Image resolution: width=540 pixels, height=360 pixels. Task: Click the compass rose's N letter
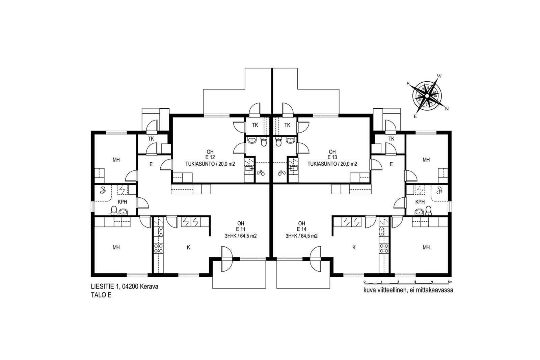447,109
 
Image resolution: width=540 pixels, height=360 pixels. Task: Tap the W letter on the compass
439,76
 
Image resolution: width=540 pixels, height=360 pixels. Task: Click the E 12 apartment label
210,157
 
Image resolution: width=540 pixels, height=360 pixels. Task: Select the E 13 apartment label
332,157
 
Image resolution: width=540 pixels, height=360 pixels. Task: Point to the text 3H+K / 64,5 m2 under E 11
241,236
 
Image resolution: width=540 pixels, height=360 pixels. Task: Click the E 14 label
301,229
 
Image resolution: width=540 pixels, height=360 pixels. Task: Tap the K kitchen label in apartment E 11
189,247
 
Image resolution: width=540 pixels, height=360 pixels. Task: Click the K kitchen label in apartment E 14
354,247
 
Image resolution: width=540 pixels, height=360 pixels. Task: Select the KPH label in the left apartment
122,202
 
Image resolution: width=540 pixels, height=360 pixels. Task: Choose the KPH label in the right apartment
420,202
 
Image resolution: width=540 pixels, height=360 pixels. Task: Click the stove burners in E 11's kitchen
158,248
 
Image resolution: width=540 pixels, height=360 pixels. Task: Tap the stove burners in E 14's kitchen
384,248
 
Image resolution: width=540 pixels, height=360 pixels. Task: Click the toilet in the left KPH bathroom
114,211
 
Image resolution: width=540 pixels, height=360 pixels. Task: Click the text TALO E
101,295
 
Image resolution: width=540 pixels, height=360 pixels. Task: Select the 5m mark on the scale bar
450,282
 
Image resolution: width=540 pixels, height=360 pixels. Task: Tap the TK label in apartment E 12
255,125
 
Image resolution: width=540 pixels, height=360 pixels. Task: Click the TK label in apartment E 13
287,125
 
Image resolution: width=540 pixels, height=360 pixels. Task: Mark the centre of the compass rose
427,96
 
